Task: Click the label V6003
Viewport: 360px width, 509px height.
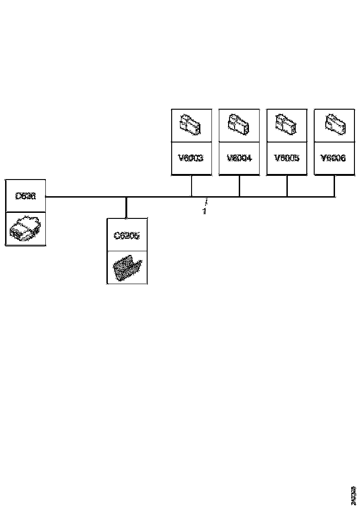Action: (191, 158)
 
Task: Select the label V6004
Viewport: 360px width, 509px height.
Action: (239, 158)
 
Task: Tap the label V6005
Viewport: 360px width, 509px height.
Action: (287, 158)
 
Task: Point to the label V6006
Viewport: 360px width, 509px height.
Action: (333, 158)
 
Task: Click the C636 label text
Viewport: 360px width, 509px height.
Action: (25, 196)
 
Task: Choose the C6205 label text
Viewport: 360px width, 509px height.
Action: (127, 236)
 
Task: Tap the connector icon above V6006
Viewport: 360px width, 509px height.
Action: (334, 124)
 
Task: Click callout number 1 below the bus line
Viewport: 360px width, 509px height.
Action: (204, 211)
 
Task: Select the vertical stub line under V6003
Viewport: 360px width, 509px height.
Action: (191, 186)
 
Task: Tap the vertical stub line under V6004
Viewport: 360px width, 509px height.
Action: (239, 186)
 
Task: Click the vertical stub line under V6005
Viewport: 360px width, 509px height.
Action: (287, 186)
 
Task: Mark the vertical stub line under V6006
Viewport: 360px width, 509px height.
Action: (334, 186)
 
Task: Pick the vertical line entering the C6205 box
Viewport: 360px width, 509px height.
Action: (126, 207)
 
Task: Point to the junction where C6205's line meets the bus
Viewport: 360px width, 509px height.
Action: (126, 197)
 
